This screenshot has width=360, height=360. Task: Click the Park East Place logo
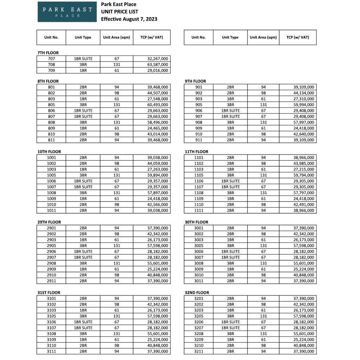coord(67,12)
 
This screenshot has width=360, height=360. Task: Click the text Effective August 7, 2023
coord(129,19)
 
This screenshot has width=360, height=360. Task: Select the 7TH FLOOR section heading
coord(48,53)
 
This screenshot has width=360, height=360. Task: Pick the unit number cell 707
coord(51,59)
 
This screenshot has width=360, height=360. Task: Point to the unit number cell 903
coord(198,99)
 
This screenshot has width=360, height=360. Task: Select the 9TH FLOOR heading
coord(195,81)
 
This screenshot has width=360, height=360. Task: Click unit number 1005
coord(51,175)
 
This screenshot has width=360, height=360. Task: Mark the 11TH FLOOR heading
coord(196,152)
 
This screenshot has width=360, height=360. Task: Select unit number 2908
coord(51,263)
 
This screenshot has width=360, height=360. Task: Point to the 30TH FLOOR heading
coord(196,222)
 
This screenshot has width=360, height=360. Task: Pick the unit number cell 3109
coord(51,340)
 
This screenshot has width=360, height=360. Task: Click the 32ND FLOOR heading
coord(197,293)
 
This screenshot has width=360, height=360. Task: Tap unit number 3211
coord(198,352)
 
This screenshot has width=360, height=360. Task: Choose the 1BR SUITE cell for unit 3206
coord(230,322)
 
